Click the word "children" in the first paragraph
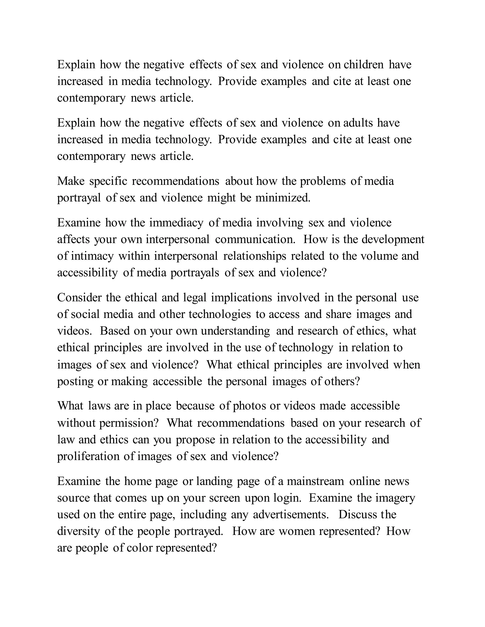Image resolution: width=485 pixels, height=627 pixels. click(x=364, y=65)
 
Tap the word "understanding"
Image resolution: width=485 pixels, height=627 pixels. click(x=235, y=331)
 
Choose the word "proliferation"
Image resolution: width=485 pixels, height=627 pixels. click(x=88, y=456)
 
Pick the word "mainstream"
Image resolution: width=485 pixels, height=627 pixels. click(x=315, y=481)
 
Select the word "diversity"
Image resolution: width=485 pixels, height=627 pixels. click(x=78, y=531)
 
